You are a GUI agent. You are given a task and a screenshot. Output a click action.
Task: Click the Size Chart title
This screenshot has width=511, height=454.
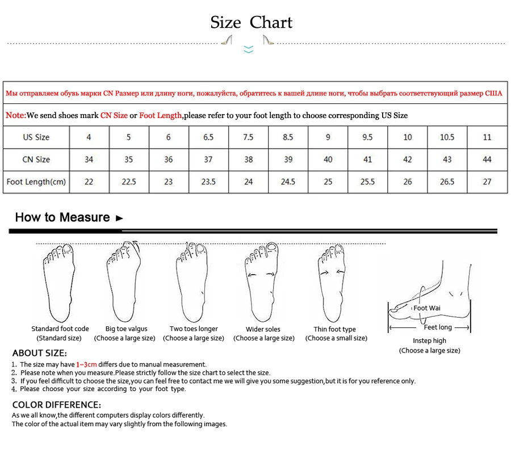pyautogui.click(x=251, y=23)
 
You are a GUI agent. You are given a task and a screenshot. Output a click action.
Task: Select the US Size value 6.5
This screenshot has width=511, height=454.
pyautogui.click(x=208, y=137)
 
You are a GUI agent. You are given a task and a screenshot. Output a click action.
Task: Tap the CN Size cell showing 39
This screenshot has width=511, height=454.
pyautogui.click(x=288, y=159)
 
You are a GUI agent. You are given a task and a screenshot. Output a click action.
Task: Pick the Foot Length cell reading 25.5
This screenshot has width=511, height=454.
pyautogui.click(x=367, y=182)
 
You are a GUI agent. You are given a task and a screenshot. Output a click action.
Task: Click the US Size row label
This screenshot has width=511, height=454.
pyautogui.click(x=36, y=137)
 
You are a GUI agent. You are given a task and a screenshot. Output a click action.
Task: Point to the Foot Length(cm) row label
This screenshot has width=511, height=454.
pyautogui.click(x=36, y=182)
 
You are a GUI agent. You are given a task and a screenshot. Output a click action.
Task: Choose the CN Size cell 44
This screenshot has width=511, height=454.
pyautogui.click(x=487, y=159)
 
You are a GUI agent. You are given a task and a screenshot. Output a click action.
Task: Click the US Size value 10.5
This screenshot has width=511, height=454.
pyautogui.click(x=447, y=137)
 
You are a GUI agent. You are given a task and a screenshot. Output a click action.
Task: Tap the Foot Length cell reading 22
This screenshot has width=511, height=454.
pyautogui.click(x=89, y=182)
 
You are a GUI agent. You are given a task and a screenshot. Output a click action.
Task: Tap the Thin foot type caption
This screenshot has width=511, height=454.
pyautogui.click(x=335, y=329)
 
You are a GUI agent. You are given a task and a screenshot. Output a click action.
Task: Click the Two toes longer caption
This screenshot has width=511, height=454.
pyautogui.click(x=194, y=329)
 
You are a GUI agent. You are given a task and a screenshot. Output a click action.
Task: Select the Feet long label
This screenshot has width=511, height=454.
pyautogui.click(x=438, y=327)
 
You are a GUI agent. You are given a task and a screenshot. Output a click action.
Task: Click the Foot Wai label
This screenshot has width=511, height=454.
pyautogui.click(x=427, y=308)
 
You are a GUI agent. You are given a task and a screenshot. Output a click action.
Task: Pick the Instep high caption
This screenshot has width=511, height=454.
pyautogui.click(x=429, y=340)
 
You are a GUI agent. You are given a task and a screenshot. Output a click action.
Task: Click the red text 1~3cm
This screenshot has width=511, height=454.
pyautogui.click(x=86, y=364)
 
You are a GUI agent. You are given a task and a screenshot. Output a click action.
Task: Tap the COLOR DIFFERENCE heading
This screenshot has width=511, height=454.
pyautogui.click(x=57, y=405)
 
